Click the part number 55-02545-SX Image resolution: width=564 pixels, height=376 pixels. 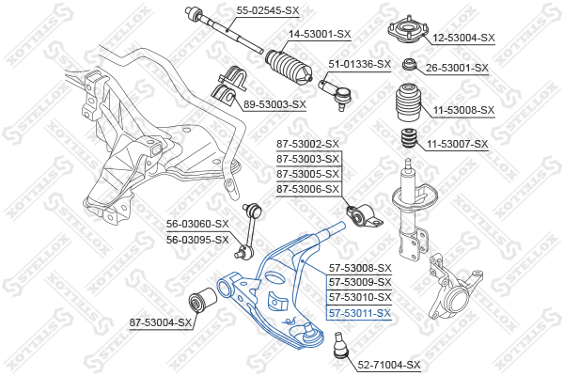click(267, 10)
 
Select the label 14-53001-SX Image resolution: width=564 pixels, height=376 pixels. click(319, 34)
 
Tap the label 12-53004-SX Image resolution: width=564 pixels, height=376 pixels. click(462, 39)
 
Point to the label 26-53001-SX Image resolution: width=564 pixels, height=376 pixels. click(457, 68)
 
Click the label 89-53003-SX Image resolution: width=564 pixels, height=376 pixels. click(274, 104)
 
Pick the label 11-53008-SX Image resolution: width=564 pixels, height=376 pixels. click(462, 110)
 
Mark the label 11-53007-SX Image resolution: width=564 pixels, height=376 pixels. click(458, 144)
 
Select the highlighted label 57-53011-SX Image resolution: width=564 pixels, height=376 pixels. click(358, 313)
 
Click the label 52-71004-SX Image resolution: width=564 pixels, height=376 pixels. click(388, 364)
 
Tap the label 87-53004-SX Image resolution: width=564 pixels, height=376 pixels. click(161, 323)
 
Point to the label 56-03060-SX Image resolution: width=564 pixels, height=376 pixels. click(197, 224)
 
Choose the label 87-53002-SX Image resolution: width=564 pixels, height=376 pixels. click(307, 144)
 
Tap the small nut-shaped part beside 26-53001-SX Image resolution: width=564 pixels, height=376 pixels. click(410, 65)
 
